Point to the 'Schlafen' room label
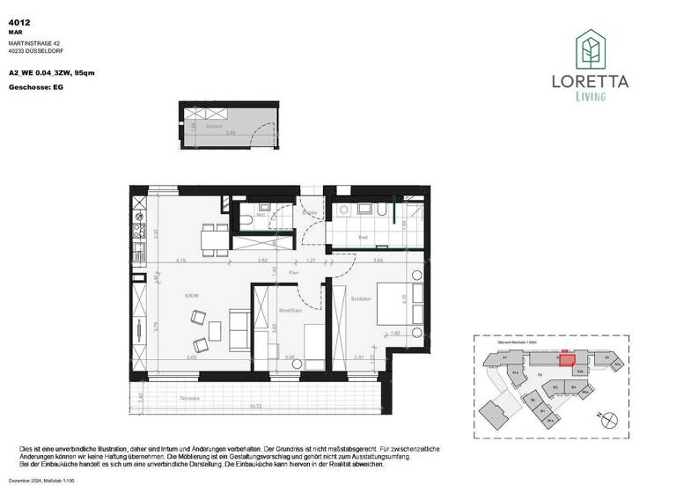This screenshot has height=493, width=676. click(359, 299)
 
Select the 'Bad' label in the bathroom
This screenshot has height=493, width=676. click(362, 238)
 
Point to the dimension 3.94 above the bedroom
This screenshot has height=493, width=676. click(378, 261)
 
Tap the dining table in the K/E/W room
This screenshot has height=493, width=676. click(210, 239)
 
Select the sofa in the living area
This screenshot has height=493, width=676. click(237, 327)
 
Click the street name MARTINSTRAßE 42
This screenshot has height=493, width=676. click(34, 41)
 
